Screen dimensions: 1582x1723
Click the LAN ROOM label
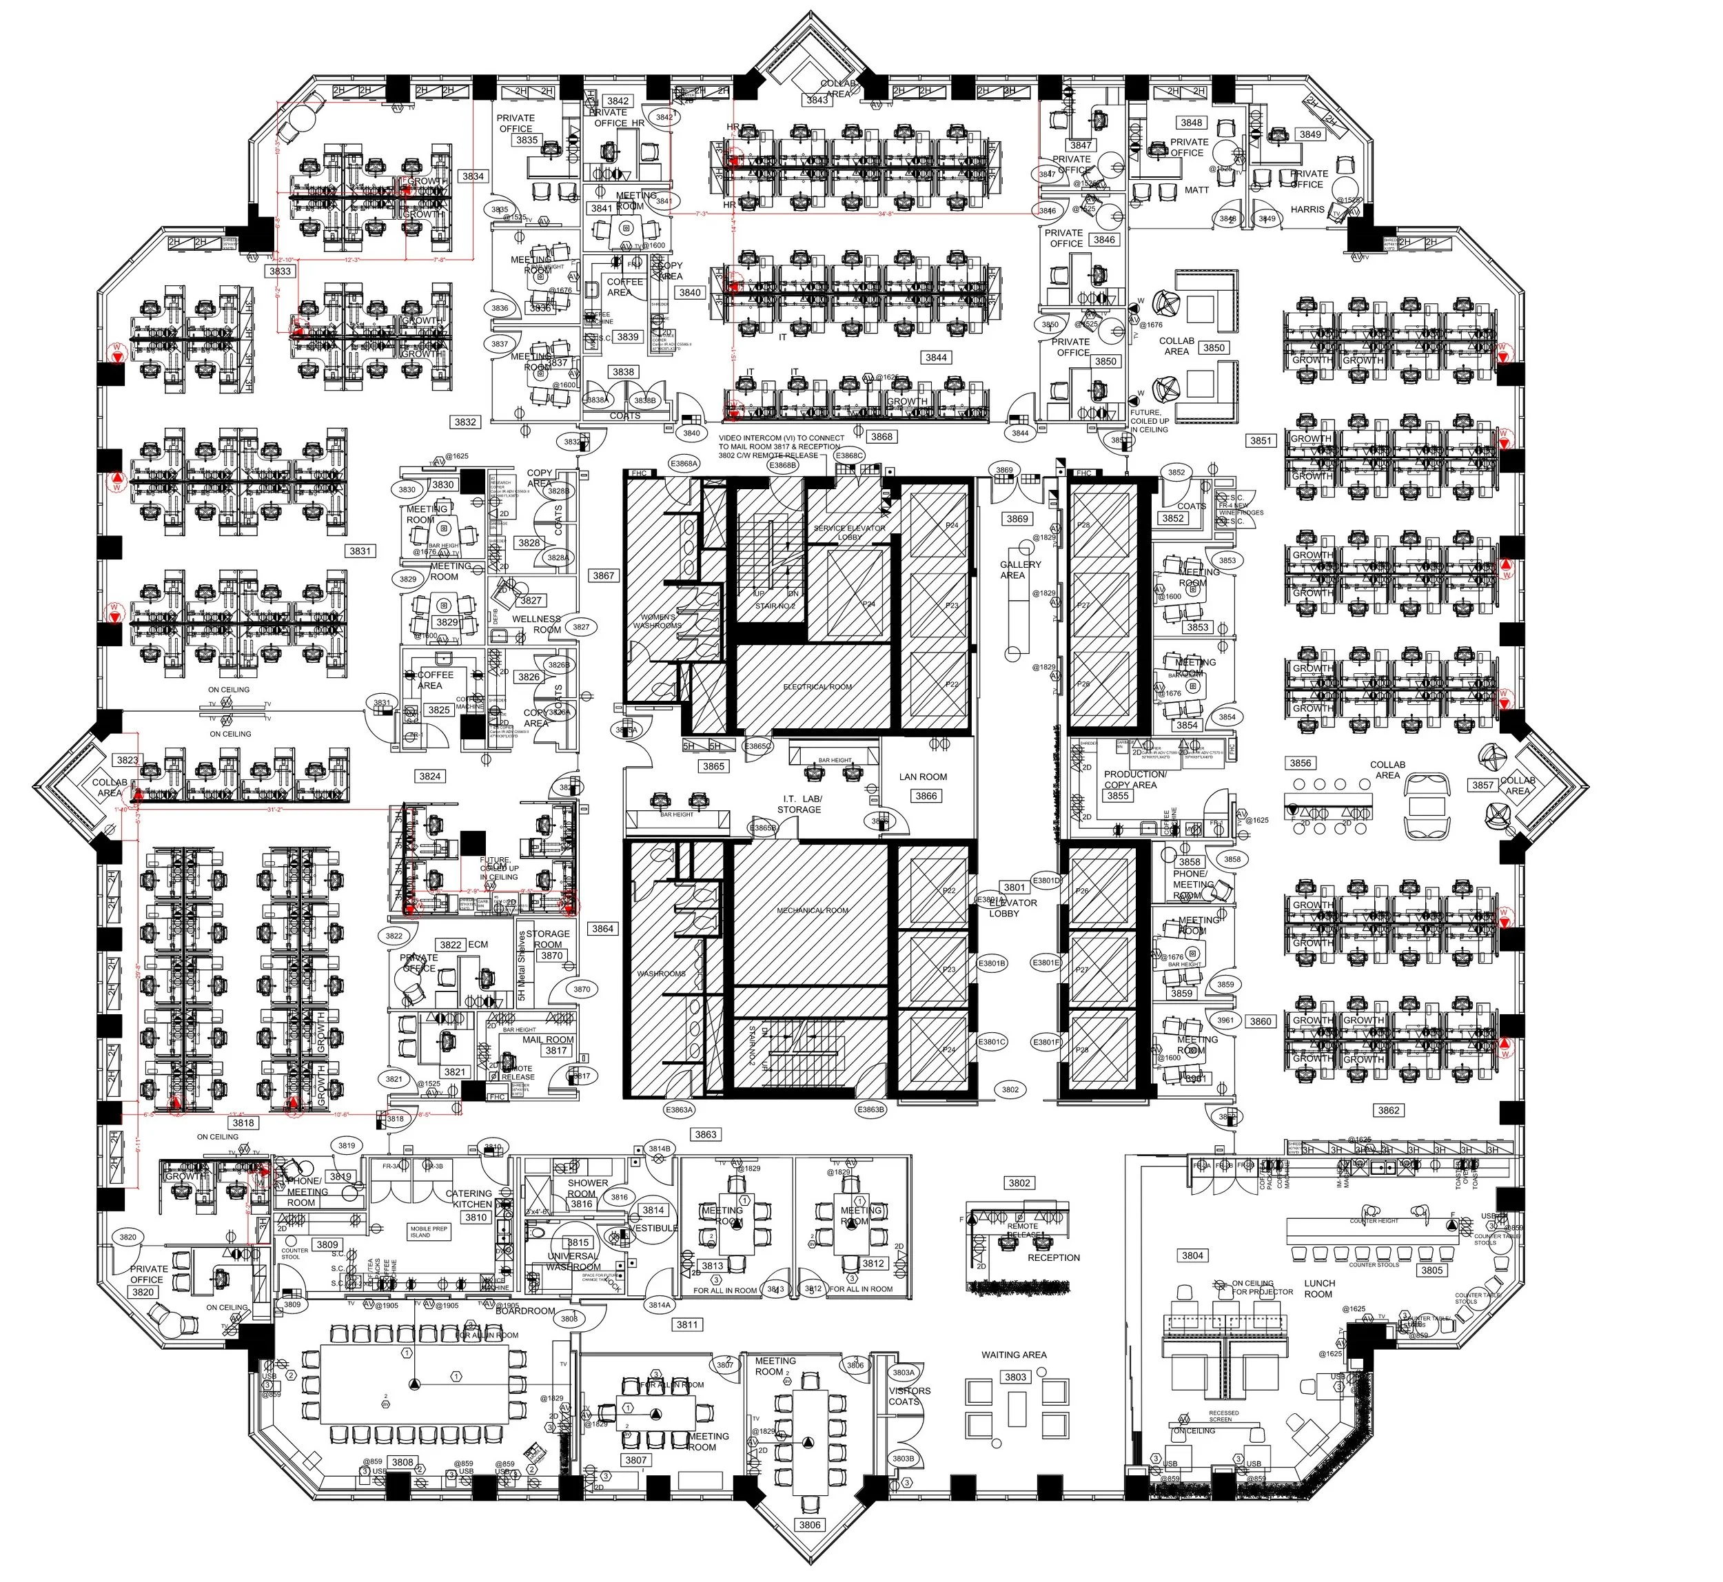[x=922, y=777]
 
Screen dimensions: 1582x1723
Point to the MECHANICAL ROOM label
[x=812, y=910]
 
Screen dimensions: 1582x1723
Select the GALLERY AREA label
[x=1020, y=570]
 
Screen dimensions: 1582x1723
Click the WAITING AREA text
[x=1013, y=1355]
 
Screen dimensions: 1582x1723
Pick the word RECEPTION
[x=1053, y=1257]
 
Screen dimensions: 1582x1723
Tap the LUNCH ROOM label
[x=1319, y=1288]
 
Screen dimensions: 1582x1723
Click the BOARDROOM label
[x=525, y=1311]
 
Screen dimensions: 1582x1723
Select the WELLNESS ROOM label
[x=536, y=624]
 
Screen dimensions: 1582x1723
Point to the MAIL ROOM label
[x=548, y=1039]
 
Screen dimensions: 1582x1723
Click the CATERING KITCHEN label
[x=469, y=1198]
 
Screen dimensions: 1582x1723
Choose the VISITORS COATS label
[x=908, y=1396]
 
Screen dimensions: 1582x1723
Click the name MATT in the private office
[x=1196, y=190]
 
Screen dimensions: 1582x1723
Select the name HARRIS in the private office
[x=1307, y=209]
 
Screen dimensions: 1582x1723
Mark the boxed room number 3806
[x=809, y=1524]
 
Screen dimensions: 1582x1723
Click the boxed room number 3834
[x=473, y=176]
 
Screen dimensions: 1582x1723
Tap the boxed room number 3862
[x=1388, y=1110]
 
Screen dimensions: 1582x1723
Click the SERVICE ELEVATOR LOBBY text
[x=848, y=533]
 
